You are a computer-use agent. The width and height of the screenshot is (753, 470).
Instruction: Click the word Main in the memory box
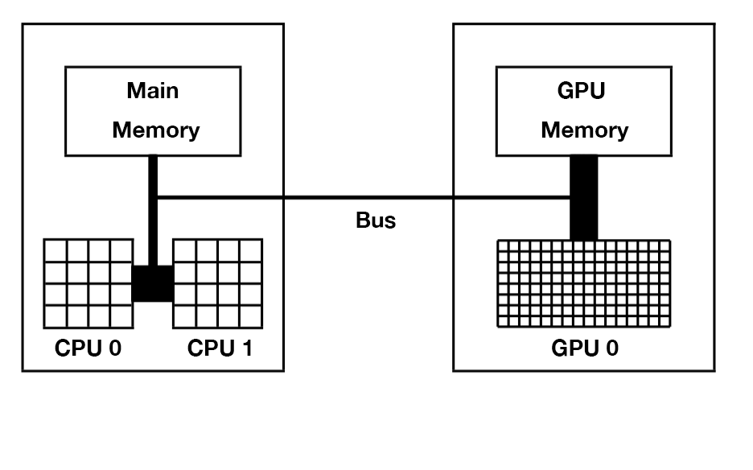click(x=153, y=90)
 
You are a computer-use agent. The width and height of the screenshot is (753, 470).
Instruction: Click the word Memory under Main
click(x=155, y=130)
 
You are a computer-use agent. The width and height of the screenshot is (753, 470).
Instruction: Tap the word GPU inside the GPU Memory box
click(x=581, y=90)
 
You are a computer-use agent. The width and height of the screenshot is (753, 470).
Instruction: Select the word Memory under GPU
click(x=584, y=130)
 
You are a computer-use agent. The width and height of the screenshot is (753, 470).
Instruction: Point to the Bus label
click(x=376, y=221)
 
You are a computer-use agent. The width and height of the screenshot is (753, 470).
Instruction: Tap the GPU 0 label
click(x=585, y=348)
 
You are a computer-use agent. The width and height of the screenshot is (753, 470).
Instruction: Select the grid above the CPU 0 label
click(x=87, y=282)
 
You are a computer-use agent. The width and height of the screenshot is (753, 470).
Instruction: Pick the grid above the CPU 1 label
click(x=218, y=282)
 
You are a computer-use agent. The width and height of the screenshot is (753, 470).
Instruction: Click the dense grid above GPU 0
click(x=583, y=283)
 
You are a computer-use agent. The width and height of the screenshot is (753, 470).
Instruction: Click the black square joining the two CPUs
click(x=153, y=283)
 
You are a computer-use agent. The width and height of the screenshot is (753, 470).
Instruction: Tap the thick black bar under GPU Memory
click(x=584, y=198)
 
